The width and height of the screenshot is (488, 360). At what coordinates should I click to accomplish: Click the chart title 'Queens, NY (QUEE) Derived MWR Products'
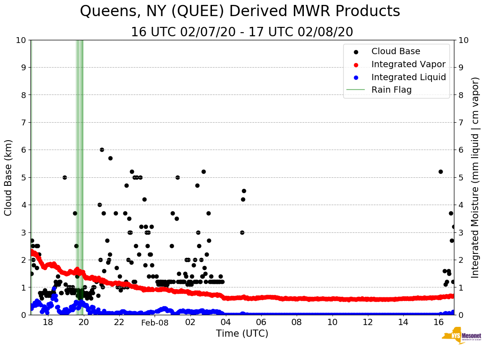240,12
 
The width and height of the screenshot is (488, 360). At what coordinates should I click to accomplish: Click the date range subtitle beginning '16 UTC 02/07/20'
242,32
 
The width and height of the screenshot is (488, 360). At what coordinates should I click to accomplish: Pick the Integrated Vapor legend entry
408,64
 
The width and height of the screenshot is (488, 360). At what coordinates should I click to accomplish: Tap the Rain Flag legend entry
391,90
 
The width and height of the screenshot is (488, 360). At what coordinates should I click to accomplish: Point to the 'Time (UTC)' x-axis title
242,334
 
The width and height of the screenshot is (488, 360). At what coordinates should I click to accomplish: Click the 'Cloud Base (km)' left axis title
9,177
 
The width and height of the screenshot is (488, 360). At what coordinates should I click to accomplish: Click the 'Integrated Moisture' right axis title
475,177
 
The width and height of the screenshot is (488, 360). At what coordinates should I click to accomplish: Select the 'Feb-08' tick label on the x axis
155,322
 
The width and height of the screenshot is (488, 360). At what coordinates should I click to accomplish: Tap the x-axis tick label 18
48,322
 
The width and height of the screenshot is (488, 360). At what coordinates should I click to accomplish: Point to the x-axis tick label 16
439,322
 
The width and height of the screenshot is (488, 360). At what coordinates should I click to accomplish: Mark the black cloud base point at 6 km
102,150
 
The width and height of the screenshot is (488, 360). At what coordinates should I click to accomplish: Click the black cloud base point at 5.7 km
110,158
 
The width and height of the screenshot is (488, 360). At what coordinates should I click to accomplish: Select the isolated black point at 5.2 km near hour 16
440,171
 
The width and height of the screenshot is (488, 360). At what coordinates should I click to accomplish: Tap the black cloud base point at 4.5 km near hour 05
244,191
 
